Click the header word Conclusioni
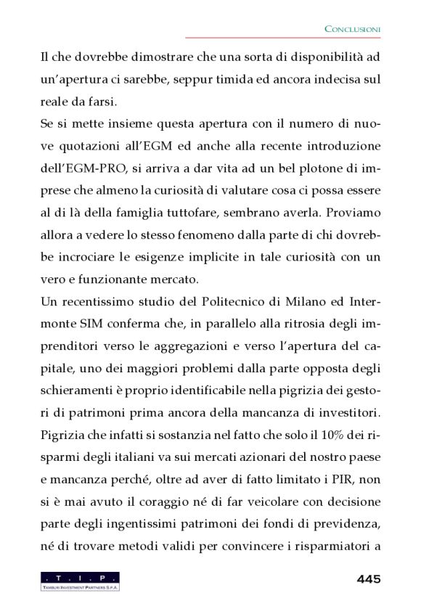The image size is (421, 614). click(x=352, y=29)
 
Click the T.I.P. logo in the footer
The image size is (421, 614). click(x=80, y=581)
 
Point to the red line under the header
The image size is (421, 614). click(x=283, y=38)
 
